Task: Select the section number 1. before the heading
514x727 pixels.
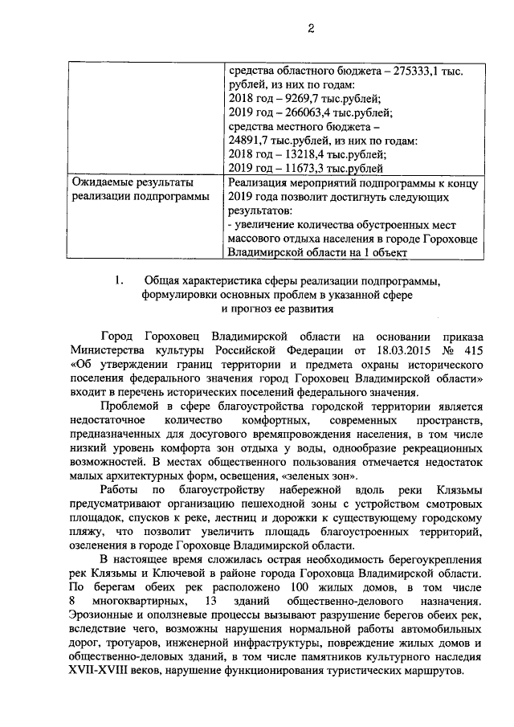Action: [x=119, y=280]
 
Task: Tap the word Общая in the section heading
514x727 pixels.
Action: [x=161, y=280]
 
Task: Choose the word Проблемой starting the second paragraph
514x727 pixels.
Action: [x=127, y=406]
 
